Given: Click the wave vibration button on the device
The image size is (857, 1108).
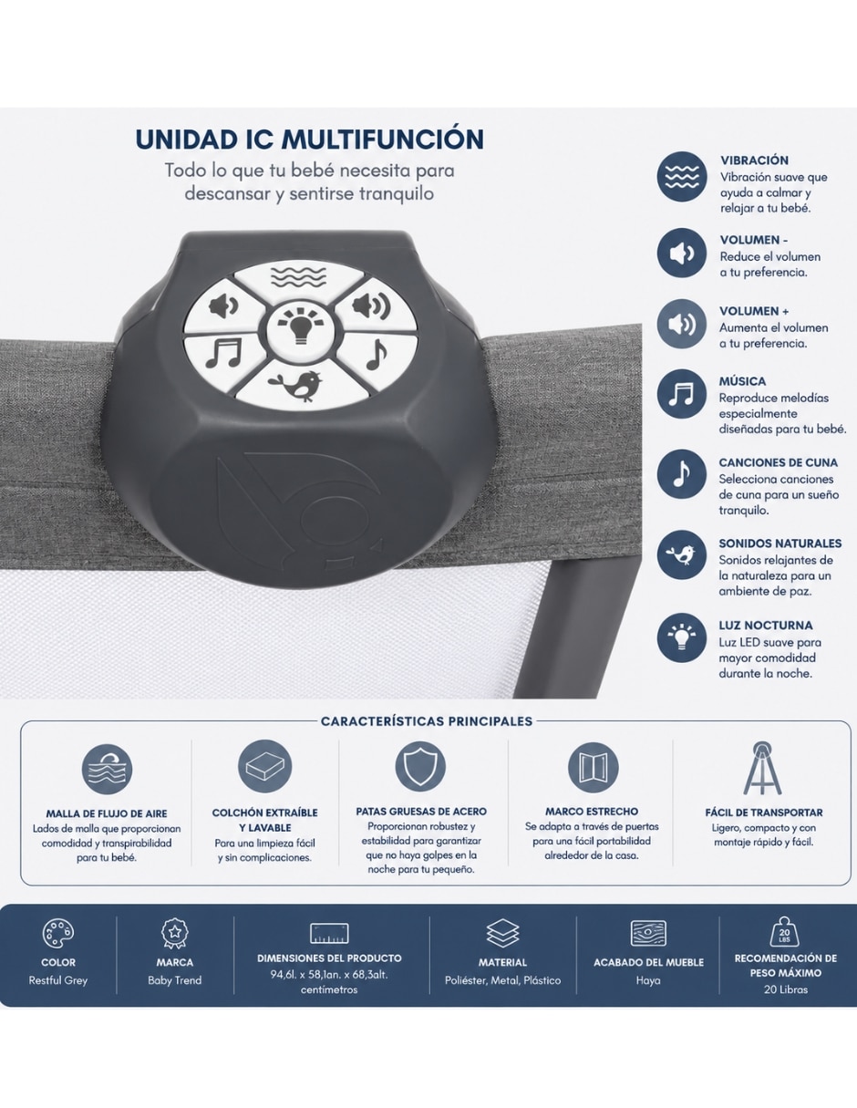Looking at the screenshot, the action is pyautogui.click(x=298, y=277).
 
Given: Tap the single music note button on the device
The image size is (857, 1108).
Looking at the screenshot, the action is pyautogui.click(x=378, y=355).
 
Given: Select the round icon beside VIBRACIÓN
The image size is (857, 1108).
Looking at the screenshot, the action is pyautogui.click(x=681, y=176).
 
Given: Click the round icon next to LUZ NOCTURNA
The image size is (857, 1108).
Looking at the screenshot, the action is pyautogui.click(x=681, y=637).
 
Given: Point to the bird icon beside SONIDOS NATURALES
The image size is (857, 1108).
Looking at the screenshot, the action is pyautogui.click(x=681, y=554).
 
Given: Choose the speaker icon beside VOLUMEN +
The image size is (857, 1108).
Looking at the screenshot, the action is pyautogui.click(x=681, y=324).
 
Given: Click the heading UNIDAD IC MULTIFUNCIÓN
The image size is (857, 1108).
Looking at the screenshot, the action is pyautogui.click(x=310, y=140).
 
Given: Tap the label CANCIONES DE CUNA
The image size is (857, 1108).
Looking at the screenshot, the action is pyautogui.click(x=778, y=462).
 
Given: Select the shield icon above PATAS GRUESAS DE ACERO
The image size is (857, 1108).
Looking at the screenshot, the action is pyautogui.click(x=420, y=767).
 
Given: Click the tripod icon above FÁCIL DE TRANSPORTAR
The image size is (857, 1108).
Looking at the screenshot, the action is pyautogui.click(x=762, y=768).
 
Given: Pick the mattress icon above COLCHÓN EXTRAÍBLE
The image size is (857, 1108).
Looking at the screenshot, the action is pyautogui.click(x=264, y=767).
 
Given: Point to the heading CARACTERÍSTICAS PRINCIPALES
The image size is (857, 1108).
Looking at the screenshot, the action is pyautogui.click(x=427, y=721).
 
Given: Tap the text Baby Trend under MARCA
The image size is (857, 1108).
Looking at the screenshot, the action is pyautogui.click(x=175, y=980).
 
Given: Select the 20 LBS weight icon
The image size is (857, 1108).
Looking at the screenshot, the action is pyautogui.click(x=785, y=932).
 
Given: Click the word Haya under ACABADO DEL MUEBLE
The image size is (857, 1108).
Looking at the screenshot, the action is pyautogui.click(x=648, y=980).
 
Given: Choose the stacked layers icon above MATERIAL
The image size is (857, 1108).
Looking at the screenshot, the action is pyautogui.click(x=502, y=934).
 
